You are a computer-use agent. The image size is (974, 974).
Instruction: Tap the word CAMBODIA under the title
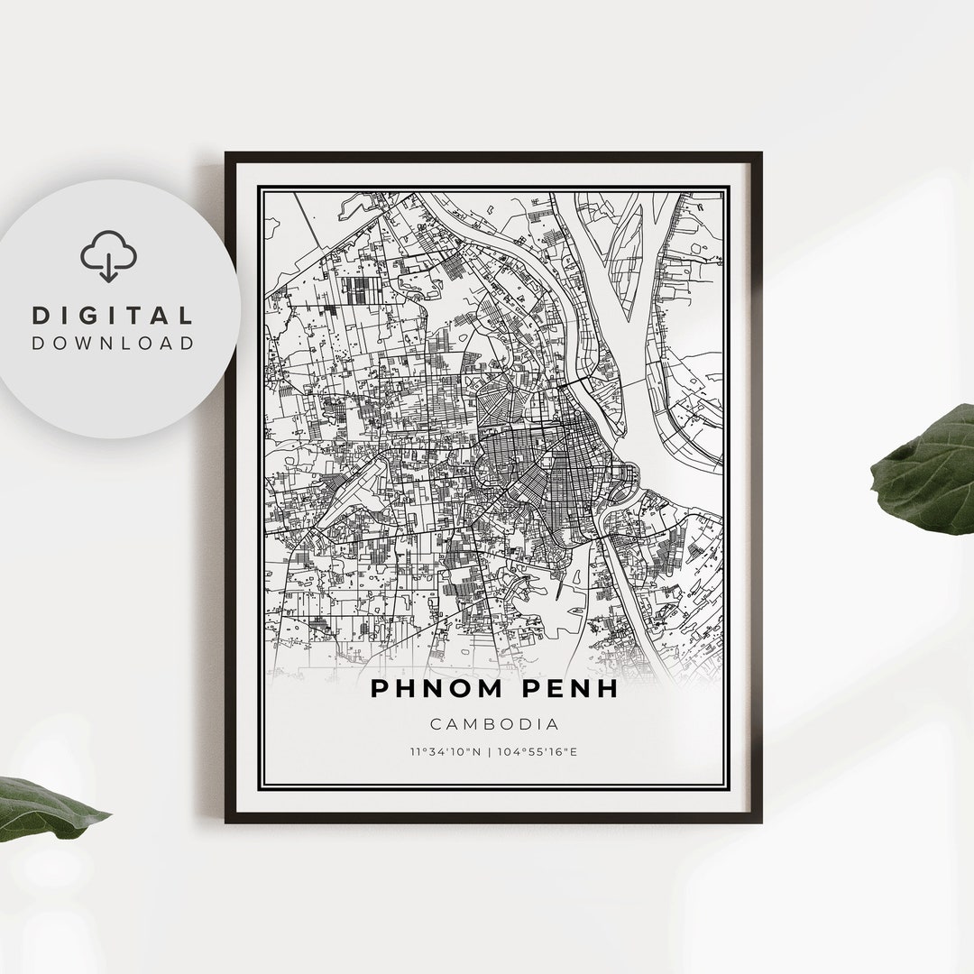494,723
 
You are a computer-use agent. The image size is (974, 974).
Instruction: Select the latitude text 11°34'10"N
444,751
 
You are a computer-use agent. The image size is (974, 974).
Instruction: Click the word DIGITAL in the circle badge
113,316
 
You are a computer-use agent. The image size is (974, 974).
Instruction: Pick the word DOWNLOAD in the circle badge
113,343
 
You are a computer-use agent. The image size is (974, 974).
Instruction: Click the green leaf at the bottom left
45,807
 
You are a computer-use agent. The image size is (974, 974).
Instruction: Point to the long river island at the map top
624,248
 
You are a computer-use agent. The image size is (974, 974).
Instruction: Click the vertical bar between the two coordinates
490,751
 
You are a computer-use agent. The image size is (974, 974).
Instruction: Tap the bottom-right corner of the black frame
759,820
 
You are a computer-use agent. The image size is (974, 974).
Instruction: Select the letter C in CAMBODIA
436,723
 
